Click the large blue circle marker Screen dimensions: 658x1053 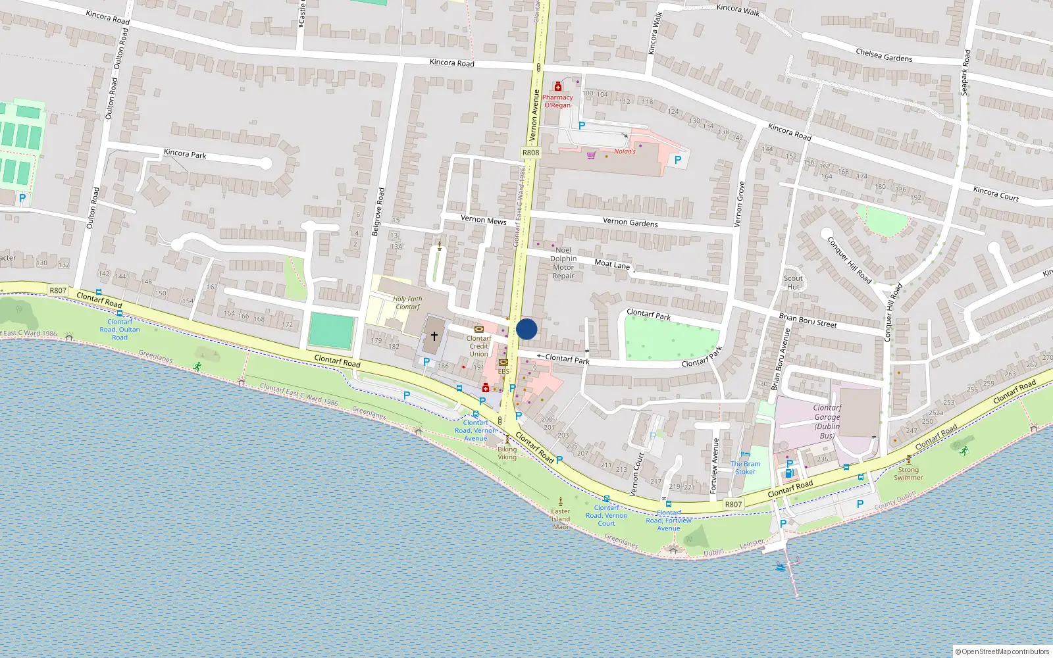pyautogui.click(x=526, y=329)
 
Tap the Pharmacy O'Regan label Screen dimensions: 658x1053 pyautogui.click(x=557, y=101)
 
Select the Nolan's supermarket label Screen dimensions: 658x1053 pyautogui.click(x=625, y=151)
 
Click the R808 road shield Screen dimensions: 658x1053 pyautogui.click(x=530, y=153)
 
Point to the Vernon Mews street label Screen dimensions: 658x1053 pyautogui.click(x=483, y=220)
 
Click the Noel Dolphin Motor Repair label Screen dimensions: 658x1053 pyautogui.click(x=563, y=263)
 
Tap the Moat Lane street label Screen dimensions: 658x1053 pyautogui.click(x=612, y=264)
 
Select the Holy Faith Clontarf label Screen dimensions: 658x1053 pyautogui.click(x=407, y=303)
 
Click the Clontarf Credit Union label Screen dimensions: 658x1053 pyautogui.click(x=479, y=346)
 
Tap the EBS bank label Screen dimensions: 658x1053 pyautogui.click(x=503, y=371)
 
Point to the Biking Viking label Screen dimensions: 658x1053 pyautogui.click(x=507, y=453)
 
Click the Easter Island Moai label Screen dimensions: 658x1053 pyautogui.click(x=561, y=519)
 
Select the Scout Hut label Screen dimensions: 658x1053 pyautogui.click(x=793, y=282)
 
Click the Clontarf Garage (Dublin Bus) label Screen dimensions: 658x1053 pyautogui.click(x=827, y=422)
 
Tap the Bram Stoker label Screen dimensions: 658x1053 pyautogui.click(x=746, y=467)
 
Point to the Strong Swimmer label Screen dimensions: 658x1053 pyautogui.click(x=908, y=474)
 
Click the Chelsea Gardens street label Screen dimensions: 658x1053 pyautogui.click(x=884, y=55)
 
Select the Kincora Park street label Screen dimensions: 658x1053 pyautogui.click(x=185, y=154)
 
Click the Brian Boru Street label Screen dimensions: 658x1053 pyautogui.click(x=808, y=320)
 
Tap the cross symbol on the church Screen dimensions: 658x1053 pyautogui.click(x=434, y=336)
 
